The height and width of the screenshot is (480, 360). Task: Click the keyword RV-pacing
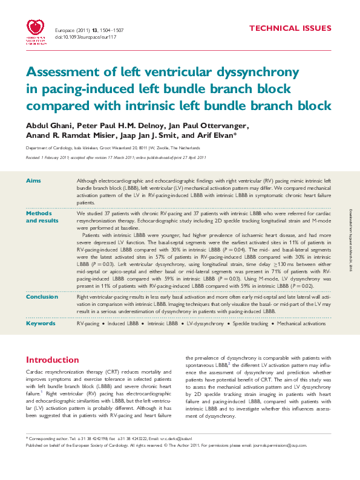[x=88, y=324]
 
